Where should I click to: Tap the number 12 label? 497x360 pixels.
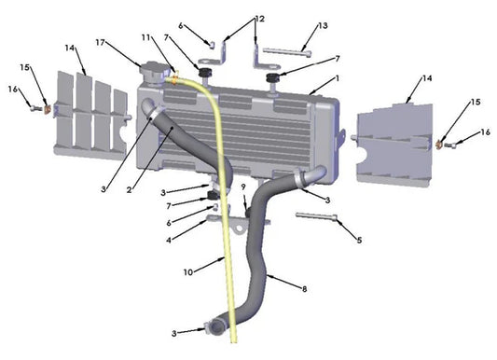click(x=259, y=18)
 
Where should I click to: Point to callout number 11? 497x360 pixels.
click(x=146, y=36)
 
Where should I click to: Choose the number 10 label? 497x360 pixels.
click(x=187, y=272)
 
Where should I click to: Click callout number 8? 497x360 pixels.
click(x=304, y=289)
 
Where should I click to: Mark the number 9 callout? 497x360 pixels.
click(x=242, y=187)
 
